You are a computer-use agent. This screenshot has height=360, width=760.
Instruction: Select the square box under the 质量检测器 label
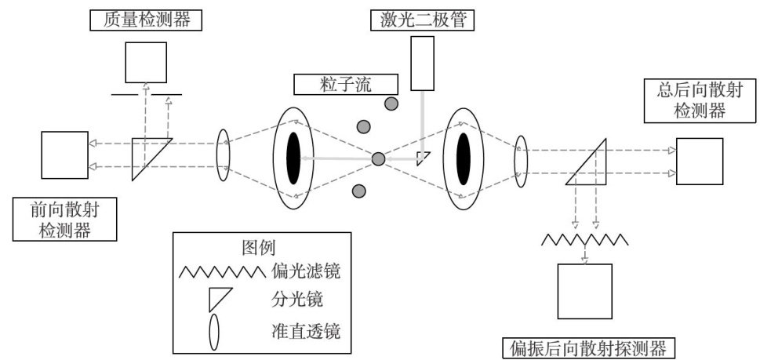(x=146, y=62)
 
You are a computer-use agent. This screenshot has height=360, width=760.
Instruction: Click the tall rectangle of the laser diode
(x=423, y=64)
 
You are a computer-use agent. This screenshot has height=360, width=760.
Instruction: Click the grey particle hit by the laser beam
(x=378, y=159)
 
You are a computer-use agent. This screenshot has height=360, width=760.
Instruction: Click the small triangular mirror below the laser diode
(x=423, y=158)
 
